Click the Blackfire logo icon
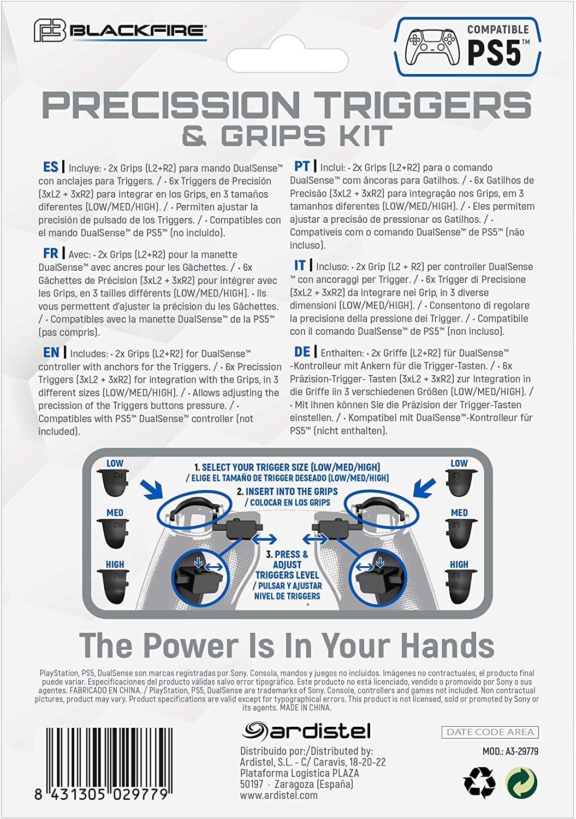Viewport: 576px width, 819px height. pos(50,31)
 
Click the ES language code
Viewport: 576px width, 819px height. pos(50,167)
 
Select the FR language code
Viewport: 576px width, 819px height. pos(50,253)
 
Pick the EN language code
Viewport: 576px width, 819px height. pos(51,353)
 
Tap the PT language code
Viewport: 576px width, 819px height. pos(302,167)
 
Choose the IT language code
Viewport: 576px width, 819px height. pos(300,265)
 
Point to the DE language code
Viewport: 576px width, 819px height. pos(302,352)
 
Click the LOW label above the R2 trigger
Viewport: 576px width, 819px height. pos(115,463)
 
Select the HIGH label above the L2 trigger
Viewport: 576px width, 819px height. pos(459,565)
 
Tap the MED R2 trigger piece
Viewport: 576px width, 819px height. pos(113,535)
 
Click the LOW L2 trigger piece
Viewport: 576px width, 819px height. pos(461,483)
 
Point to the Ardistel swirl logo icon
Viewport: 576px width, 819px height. pos(254,731)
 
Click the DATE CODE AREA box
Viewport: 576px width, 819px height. pos(490,732)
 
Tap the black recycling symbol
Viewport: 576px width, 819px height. pos(479,783)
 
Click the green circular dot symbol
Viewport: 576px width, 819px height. pos(521,782)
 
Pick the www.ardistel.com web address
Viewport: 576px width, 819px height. pos(278,795)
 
